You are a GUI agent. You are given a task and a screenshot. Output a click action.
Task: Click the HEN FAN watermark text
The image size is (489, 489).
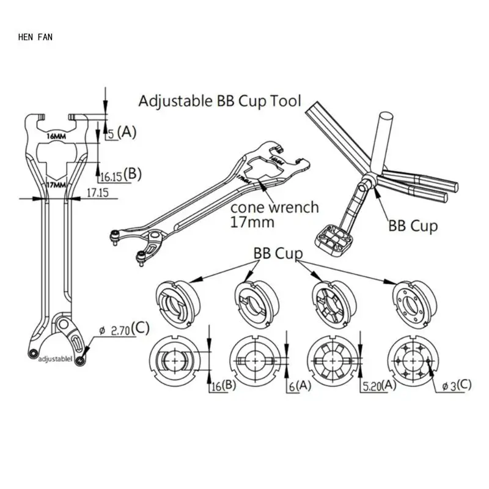point(35,37)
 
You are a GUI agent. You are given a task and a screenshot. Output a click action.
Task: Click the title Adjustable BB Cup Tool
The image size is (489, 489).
point(220,101)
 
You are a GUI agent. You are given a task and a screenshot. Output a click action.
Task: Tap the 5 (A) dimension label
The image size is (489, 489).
point(122,131)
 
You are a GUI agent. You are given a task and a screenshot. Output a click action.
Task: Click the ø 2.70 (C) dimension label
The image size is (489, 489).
point(129,328)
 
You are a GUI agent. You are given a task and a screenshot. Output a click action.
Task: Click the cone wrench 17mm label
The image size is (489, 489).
point(274,214)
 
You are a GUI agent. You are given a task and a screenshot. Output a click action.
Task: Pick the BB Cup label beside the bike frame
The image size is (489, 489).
point(413,226)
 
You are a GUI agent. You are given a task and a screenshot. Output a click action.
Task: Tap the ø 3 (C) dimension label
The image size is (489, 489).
point(455,386)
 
